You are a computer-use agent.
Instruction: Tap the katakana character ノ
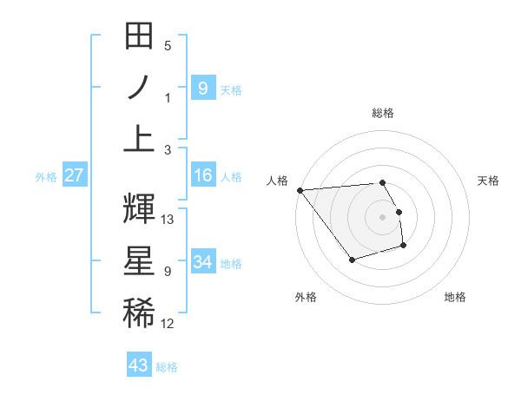(x=140, y=89)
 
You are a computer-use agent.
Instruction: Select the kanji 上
(x=140, y=137)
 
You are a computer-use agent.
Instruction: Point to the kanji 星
(x=140, y=260)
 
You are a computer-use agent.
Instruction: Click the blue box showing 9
(x=202, y=89)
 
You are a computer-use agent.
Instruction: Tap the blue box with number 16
(x=202, y=176)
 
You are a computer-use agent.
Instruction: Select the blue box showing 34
(x=202, y=262)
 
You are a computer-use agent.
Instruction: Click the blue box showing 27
(x=74, y=176)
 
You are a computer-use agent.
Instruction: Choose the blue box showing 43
(x=139, y=365)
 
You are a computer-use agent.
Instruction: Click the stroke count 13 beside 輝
(x=168, y=220)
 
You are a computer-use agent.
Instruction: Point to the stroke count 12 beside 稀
(x=168, y=324)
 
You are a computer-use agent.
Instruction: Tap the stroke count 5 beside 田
(x=168, y=46)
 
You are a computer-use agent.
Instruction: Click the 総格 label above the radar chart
(x=383, y=113)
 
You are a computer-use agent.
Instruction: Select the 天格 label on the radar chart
(x=489, y=181)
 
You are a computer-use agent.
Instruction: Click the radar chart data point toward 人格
(x=300, y=189)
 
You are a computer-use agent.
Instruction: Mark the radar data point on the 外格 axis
(x=352, y=260)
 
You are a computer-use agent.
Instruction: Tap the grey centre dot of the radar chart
(x=383, y=216)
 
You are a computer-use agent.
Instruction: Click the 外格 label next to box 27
(x=46, y=177)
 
